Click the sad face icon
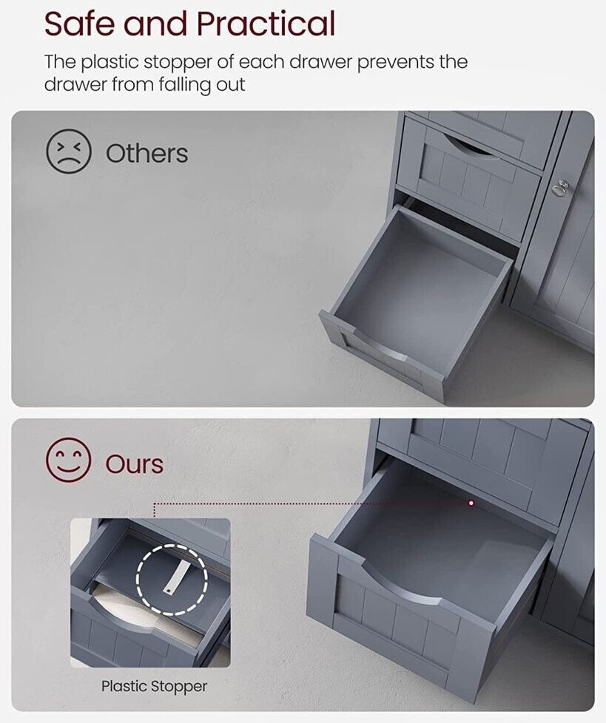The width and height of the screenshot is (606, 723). click(x=69, y=152)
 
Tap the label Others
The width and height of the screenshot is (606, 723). click(x=147, y=153)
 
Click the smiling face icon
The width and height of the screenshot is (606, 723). click(x=68, y=460)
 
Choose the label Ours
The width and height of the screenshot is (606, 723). click(x=135, y=464)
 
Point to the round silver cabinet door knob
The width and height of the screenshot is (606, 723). click(x=561, y=186)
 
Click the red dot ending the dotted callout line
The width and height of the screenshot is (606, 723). click(x=471, y=503)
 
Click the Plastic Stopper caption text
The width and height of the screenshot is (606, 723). click(x=154, y=687)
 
